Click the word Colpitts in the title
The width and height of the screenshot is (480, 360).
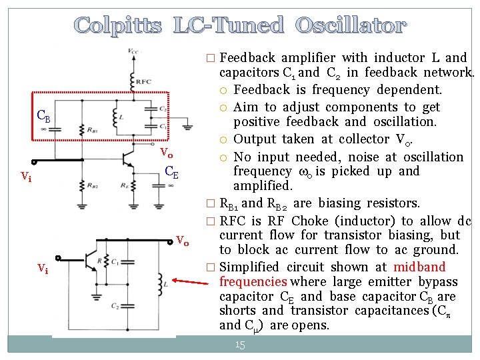coord(117,26)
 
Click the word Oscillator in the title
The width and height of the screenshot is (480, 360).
coord(351,26)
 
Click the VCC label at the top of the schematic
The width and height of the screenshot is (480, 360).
coord(134,51)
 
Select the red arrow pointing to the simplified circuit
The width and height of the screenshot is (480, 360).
coord(191,275)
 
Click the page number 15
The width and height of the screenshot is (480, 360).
coord(240,345)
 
